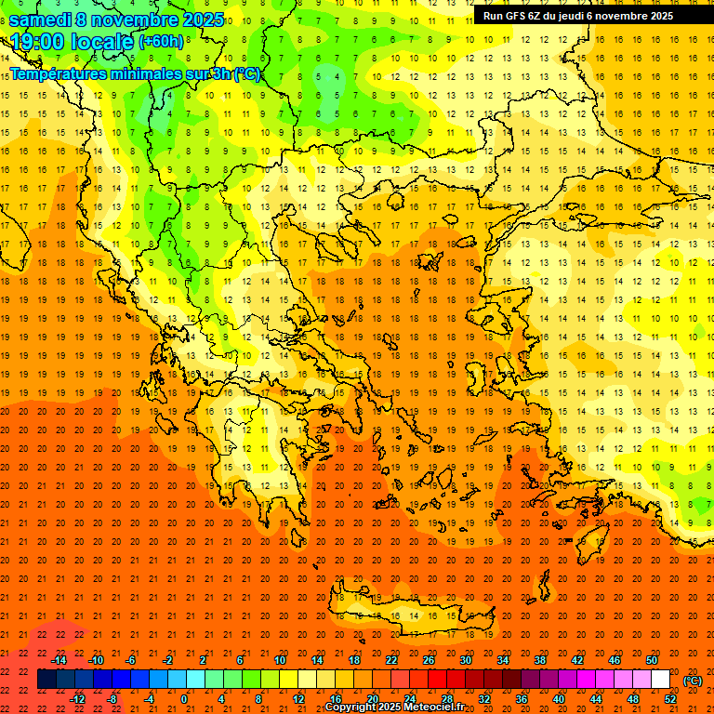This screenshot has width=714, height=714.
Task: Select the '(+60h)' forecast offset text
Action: click(160, 42)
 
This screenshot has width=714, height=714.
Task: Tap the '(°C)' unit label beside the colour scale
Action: click(693, 681)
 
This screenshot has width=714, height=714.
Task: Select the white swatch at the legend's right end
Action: click(660, 680)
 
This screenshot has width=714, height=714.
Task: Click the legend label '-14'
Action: click(59, 660)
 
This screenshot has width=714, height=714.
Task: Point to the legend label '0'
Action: click(183, 699)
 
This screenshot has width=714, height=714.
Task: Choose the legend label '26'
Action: click(429, 660)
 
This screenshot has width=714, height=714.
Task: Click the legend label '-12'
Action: click(77, 699)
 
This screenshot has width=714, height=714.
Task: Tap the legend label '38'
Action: click(540, 660)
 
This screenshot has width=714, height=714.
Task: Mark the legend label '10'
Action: click(280, 660)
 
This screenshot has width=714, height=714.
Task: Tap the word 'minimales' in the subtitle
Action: click(143, 73)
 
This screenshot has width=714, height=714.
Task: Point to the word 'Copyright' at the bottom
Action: click(352, 707)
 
